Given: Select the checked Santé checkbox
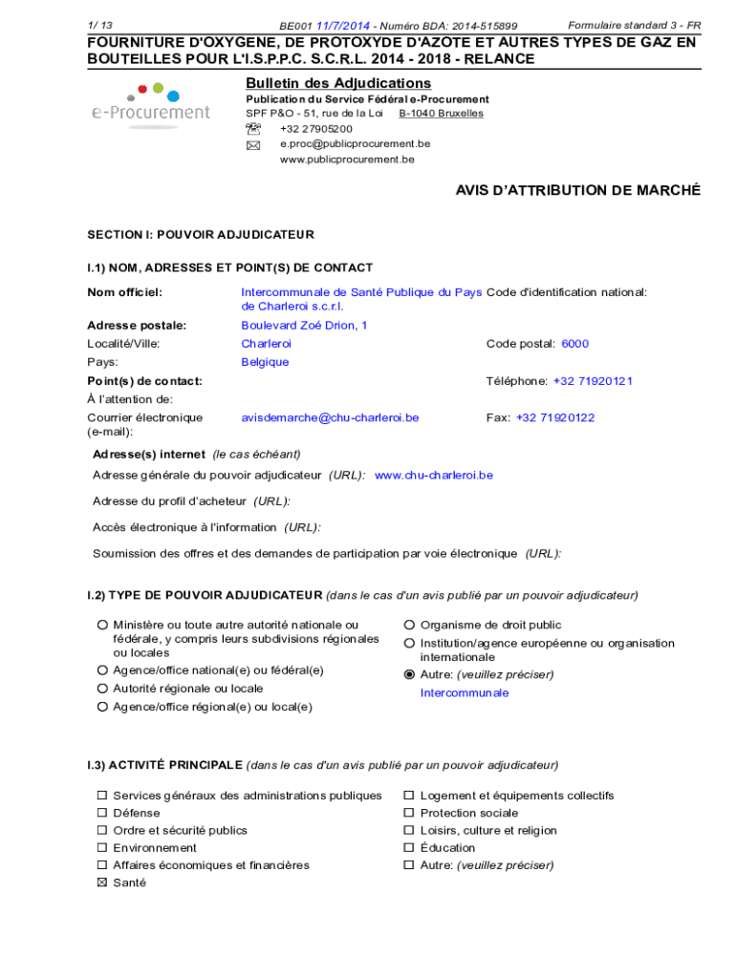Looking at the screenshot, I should point(101,883).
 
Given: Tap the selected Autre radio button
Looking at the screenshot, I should point(409,674).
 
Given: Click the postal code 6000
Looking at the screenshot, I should point(574,344).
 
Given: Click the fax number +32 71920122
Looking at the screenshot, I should point(555,418).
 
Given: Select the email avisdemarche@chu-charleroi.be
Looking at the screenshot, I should point(330,418).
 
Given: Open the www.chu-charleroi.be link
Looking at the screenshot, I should point(434,475).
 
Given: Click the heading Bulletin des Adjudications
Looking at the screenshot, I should point(338,84).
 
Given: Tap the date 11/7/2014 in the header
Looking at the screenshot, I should point(344,26).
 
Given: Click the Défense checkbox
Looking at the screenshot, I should point(101,814).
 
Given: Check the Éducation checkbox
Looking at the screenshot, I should point(409,848).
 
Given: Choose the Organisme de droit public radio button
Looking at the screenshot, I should point(409,626).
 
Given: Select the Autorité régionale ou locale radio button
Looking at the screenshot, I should point(101,689).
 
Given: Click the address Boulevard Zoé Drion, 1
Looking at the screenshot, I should point(304,326).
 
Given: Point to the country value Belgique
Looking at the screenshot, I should point(265,363).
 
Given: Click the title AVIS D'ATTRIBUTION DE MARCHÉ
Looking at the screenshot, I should point(577,191).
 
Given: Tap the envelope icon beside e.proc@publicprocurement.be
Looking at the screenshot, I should point(253,145).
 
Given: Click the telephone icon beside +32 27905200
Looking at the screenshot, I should point(253,129).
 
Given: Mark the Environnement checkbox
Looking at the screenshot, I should point(101,848).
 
